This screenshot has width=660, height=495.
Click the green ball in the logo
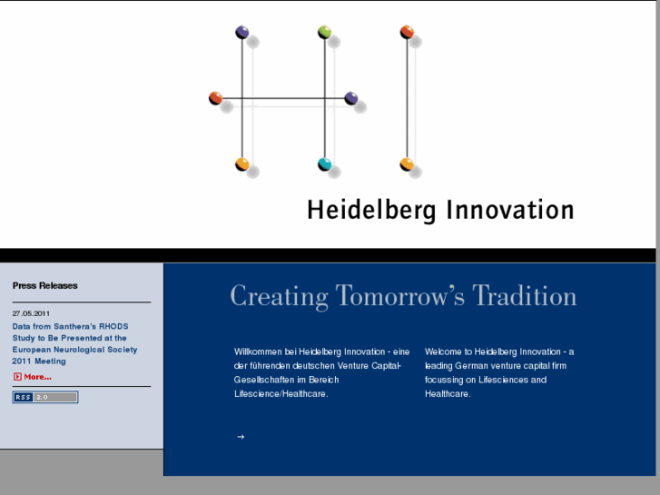tap(325, 33)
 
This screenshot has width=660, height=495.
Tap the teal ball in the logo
tap(324, 164)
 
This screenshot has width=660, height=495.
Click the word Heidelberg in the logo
tap(372, 211)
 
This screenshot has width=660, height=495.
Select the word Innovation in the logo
tap(509, 210)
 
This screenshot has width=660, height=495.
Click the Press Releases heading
tap(45, 285)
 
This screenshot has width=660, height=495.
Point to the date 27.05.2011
tap(32, 313)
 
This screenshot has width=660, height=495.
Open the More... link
tap(37, 377)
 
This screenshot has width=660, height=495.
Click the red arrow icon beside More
tap(17, 377)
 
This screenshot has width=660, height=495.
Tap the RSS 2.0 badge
tap(45, 397)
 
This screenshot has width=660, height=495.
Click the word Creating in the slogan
tap(279, 296)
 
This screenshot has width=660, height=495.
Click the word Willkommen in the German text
tap(257, 351)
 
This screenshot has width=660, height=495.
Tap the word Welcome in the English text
tap(443, 351)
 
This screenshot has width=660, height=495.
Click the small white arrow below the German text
tap(241, 437)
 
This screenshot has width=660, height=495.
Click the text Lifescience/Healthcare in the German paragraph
tap(281, 394)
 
